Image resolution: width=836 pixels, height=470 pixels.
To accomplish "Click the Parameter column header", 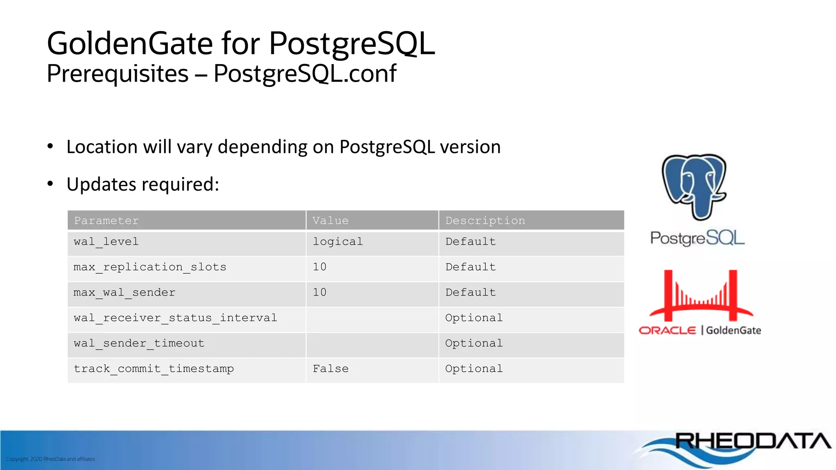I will (107, 221).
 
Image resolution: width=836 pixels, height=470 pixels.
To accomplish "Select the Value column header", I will (331, 221).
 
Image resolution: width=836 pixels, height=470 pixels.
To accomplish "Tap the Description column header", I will (485, 221).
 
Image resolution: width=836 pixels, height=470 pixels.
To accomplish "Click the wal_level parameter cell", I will (106, 242).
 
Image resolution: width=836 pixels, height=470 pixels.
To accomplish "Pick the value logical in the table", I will (338, 242).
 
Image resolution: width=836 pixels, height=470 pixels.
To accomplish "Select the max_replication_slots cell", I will (150, 267).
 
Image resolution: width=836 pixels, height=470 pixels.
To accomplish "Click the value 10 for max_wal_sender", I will (320, 293).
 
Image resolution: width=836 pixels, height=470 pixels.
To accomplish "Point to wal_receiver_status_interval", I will (176, 318).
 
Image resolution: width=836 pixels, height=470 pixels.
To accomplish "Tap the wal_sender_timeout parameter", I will (139, 344).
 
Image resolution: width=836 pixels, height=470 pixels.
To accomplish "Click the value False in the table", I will (331, 369).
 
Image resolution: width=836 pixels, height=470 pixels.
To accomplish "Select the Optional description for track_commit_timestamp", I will (474, 369).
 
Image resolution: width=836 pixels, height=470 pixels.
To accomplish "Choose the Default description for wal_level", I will (470, 242).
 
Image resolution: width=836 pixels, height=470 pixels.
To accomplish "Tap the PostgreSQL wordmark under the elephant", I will (697, 238).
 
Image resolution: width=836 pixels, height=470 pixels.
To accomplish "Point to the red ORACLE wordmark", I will (667, 330).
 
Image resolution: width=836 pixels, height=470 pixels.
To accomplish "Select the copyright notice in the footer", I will (51, 459).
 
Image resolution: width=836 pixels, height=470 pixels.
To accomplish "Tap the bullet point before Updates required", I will (50, 184).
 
